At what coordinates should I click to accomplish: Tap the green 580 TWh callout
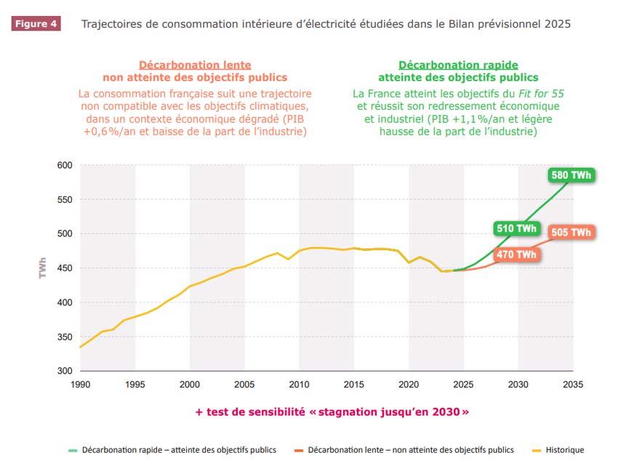pos(571,176)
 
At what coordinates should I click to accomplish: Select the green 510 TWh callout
pos(516,229)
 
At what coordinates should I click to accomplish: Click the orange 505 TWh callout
pos(571,233)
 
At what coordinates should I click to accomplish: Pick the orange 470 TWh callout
pos(516,254)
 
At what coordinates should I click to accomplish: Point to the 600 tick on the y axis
pos(65,166)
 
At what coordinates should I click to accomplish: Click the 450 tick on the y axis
pos(65,268)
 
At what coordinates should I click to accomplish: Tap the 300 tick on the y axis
pos(65,371)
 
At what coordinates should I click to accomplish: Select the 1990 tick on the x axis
pos(80,383)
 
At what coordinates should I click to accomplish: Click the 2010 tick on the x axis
pos(299,383)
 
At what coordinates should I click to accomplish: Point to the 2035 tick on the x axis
pos(573,383)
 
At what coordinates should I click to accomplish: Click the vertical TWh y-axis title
pos(42,268)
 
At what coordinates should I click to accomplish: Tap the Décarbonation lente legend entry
pos(410,450)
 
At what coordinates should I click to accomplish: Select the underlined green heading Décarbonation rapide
pos(458,65)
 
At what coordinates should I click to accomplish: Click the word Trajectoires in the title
pos(111,24)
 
